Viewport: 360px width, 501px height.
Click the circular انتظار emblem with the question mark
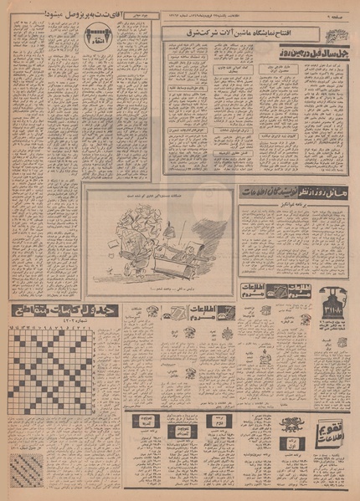94,36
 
